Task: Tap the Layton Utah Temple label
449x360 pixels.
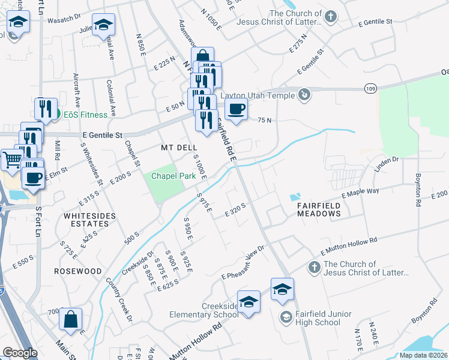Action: tap(258, 95)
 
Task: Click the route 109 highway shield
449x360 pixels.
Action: tap(370, 88)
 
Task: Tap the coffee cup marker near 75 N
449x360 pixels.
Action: tap(236, 110)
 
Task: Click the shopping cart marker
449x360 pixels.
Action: tap(11, 160)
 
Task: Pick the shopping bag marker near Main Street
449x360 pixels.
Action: tap(70, 319)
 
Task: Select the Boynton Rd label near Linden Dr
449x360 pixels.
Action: tap(419, 190)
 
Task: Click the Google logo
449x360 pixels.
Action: tap(20, 353)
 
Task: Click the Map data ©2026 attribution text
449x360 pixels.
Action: tap(423, 355)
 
